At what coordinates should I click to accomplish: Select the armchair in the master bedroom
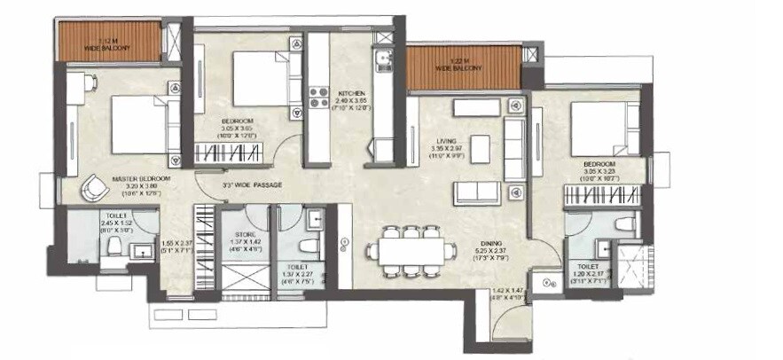[x=93, y=188]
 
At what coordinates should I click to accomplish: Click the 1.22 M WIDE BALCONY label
[x=465, y=65]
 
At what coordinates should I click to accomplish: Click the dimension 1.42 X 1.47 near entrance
[x=509, y=289]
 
